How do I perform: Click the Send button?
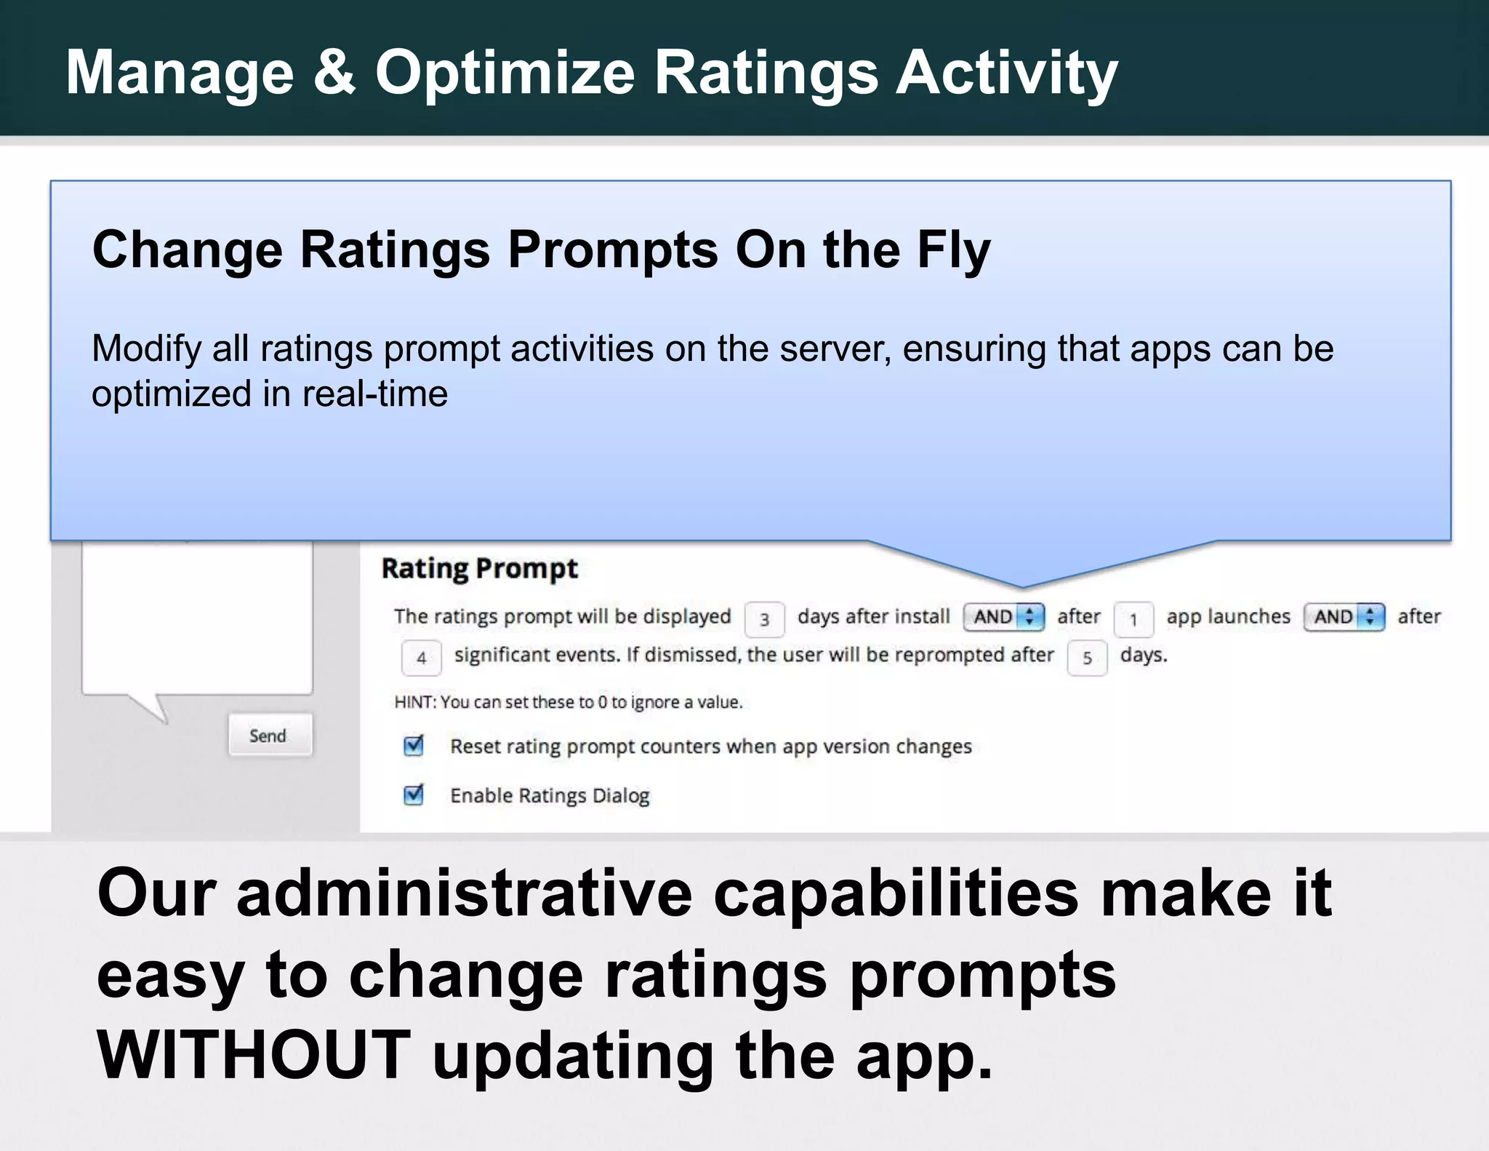pyautogui.click(x=269, y=736)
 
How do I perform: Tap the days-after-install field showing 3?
pyautogui.click(x=764, y=619)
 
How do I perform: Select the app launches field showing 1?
pyautogui.click(x=1133, y=620)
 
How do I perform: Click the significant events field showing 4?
pyautogui.click(x=421, y=658)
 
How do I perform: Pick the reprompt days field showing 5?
pyautogui.click(x=1086, y=658)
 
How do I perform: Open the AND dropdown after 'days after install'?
pyautogui.click(x=1003, y=617)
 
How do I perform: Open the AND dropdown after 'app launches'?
pyautogui.click(x=1344, y=617)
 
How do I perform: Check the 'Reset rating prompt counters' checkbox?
pyautogui.click(x=414, y=746)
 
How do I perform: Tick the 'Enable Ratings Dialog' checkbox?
pyautogui.click(x=414, y=794)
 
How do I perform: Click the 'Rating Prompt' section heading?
pyautogui.click(x=479, y=568)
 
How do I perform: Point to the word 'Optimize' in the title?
pyautogui.click(x=505, y=72)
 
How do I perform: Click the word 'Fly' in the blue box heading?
pyautogui.click(x=953, y=250)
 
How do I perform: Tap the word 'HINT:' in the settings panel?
pyautogui.click(x=415, y=702)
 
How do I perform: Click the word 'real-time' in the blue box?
pyautogui.click(x=374, y=394)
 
